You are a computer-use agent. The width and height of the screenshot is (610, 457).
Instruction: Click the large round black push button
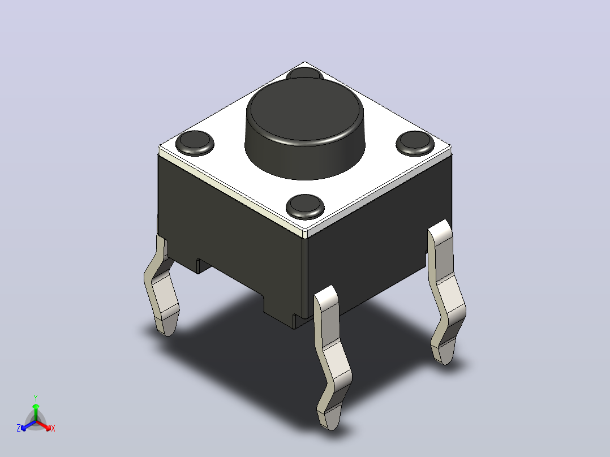pos(304,128)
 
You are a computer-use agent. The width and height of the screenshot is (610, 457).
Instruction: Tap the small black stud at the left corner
pos(195,143)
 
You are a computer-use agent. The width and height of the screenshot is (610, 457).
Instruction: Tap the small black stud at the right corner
pos(415,143)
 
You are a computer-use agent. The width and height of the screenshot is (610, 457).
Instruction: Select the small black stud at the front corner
pos(305,206)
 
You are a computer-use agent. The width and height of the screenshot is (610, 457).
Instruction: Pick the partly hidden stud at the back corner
pos(304,73)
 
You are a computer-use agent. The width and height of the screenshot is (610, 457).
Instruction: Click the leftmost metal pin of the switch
pos(161,286)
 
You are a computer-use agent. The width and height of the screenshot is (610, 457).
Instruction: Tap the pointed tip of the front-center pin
pos(331,430)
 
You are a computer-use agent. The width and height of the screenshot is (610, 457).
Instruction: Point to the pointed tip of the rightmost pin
pos(446,364)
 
